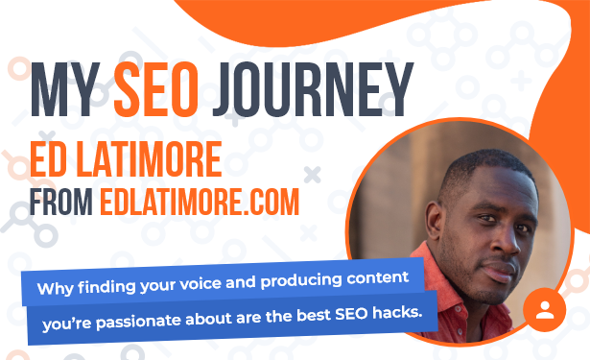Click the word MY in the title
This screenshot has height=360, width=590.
click(65, 89)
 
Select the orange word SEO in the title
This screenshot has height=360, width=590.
click(156, 89)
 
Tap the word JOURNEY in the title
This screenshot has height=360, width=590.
click(313, 89)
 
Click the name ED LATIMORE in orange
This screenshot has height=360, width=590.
click(126, 159)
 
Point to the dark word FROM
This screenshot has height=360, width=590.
click(61, 202)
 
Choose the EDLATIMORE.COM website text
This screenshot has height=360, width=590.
click(200, 202)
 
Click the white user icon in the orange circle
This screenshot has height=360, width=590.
click(545, 310)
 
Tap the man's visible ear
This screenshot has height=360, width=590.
click(434, 221)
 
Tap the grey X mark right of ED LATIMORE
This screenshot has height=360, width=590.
click(313, 175)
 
